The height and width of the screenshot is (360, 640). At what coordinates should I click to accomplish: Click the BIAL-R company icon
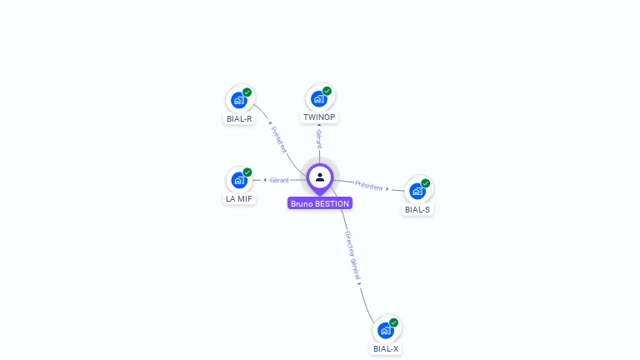pos(240,100)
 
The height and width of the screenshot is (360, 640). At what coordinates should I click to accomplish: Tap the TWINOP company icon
pos(319,99)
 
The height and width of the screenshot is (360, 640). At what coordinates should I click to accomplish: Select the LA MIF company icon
pos(240,180)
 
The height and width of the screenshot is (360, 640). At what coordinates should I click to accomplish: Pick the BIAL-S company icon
pos(417,191)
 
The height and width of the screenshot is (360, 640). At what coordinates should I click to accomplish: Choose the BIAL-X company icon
pos(386,331)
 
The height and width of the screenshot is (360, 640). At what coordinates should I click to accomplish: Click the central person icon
pos(320,177)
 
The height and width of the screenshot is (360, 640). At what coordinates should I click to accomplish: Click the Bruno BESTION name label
pos(320,203)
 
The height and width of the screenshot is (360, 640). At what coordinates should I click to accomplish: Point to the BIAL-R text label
pos(239,118)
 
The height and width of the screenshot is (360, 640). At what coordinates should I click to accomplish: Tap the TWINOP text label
pos(319,117)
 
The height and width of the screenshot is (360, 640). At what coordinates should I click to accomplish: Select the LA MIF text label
pos(239,198)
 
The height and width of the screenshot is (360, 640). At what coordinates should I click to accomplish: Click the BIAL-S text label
pos(417,209)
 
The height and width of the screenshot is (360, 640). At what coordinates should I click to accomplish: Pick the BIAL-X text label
pos(386,349)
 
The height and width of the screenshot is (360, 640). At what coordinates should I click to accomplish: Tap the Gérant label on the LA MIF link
pos(278,180)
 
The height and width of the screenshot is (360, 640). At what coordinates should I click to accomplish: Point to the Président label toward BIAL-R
pos(279,139)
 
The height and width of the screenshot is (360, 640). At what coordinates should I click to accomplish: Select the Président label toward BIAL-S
pos(369,185)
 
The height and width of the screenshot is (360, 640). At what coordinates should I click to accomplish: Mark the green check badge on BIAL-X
pos(393,322)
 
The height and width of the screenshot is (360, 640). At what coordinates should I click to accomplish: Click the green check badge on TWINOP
pos(327,91)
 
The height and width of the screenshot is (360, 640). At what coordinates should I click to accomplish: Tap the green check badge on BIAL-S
pos(425,183)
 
